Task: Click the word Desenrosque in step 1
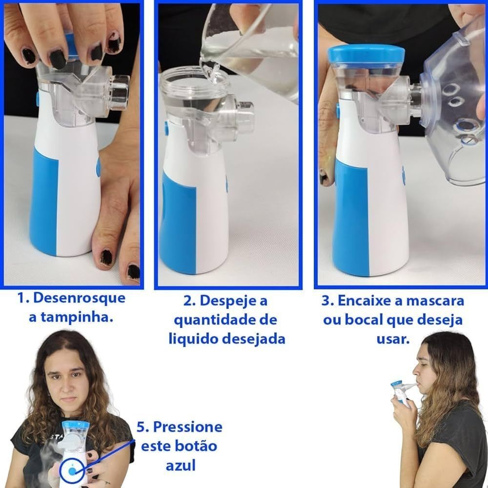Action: pyautogui.click(x=79, y=298)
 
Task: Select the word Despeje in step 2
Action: pyautogui.click(x=233, y=301)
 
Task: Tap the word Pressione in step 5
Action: pyautogui.click(x=188, y=427)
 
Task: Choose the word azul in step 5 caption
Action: pyautogui.click(x=180, y=465)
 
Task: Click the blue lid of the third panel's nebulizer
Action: pyautogui.click(x=366, y=54)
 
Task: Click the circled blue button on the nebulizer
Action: pyautogui.click(x=72, y=471)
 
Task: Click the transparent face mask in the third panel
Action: pyautogui.click(x=453, y=102)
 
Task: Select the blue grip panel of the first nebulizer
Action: pyautogui.click(x=43, y=203)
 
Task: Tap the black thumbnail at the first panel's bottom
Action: pyautogui.click(x=106, y=257)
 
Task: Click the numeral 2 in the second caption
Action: pyautogui.click(x=187, y=301)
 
